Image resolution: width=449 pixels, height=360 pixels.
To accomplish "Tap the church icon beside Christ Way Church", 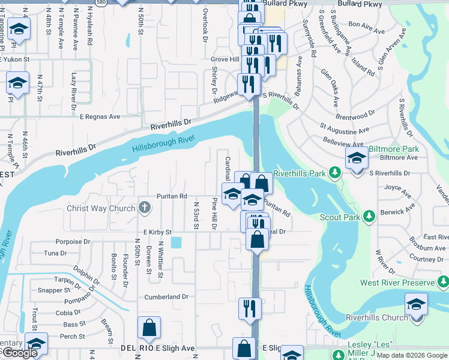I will tap(143, 208).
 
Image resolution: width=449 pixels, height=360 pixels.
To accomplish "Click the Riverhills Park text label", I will tap(298, 173).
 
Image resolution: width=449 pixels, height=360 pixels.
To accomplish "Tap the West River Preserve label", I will tap(397, 282).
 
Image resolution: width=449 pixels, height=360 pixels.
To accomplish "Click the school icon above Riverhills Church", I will tap(417, 304).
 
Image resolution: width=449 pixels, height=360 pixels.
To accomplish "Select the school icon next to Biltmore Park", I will tap(357, 158).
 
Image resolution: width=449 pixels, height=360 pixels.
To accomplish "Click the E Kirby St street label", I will tap(157, 232).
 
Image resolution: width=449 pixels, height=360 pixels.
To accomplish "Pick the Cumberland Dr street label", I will tap(166, 297).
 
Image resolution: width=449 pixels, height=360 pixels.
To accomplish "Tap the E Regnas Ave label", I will tap(99, 116).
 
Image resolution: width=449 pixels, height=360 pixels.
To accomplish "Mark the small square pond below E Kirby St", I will tap(176, 242).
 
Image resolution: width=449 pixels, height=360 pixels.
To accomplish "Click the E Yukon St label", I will tap(16, 60).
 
